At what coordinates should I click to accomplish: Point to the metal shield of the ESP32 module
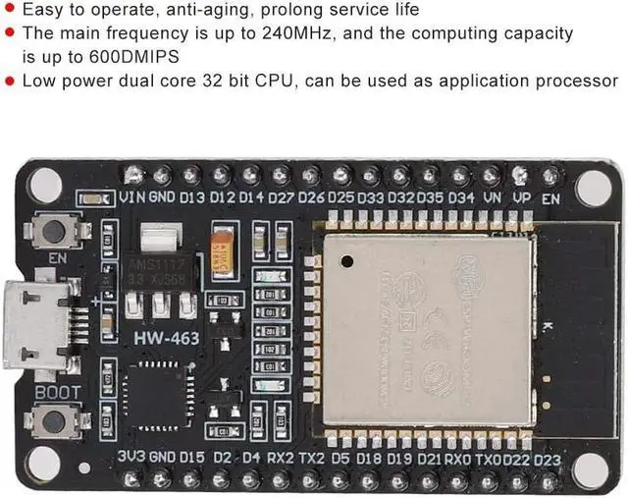click(428, 329)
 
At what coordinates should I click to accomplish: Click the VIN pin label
click(133, 197)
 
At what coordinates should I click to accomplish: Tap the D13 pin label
click(192, 197)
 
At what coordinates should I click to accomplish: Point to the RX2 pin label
click(281, 457)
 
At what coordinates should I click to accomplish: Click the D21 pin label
click(429, 458)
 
